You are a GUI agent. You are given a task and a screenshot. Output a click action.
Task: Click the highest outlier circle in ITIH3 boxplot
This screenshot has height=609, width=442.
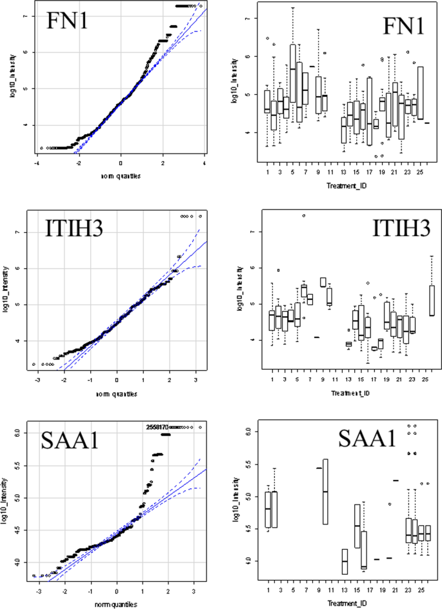(303, 215)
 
